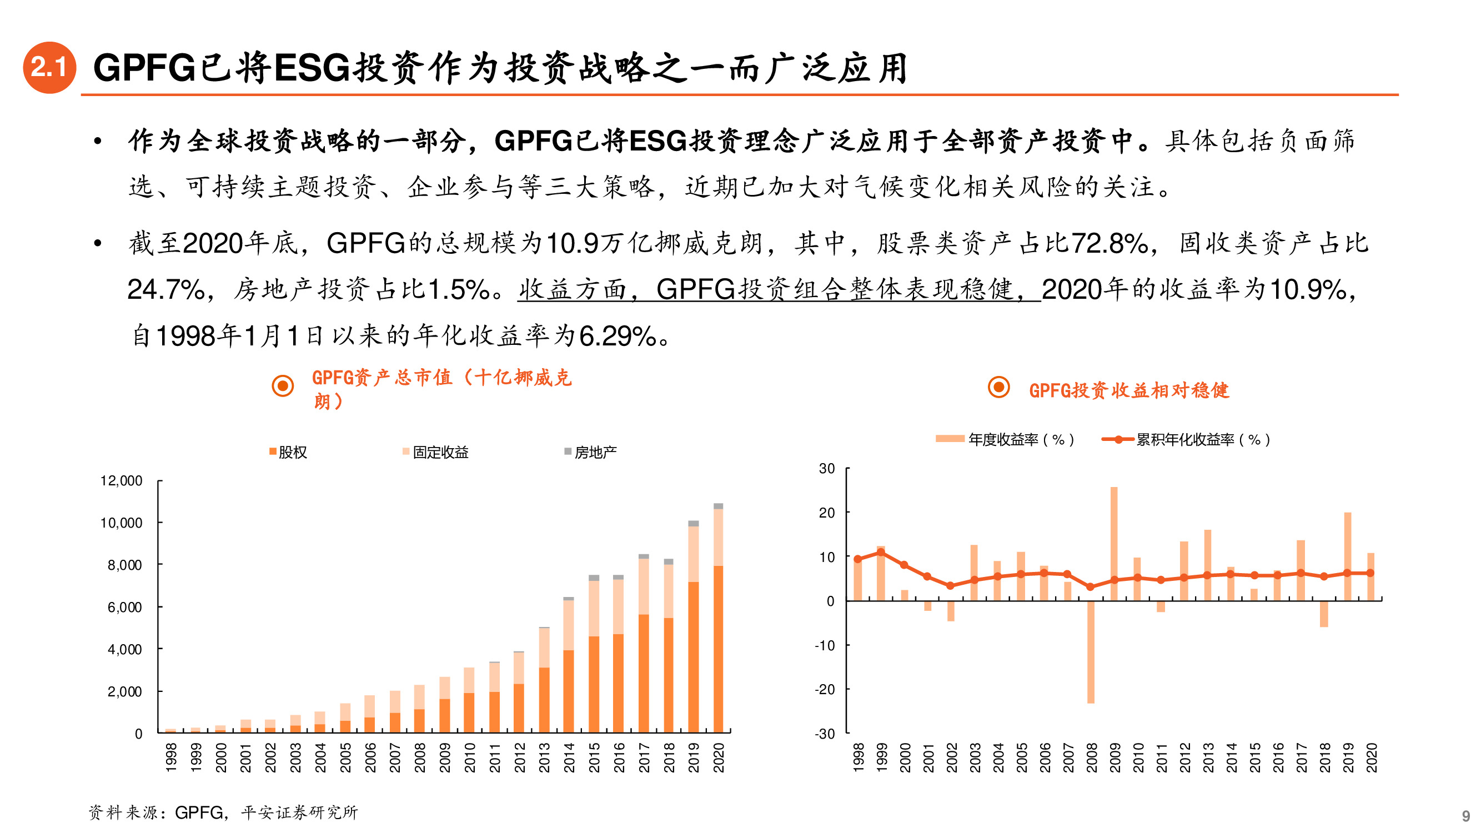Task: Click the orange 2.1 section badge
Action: pyautogui.click(x=49, y=67)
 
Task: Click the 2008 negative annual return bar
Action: pyautogui.click(x=1091, y=653)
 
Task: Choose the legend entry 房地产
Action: pyautogui.click(x=590, y=453)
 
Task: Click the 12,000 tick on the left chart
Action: pyautogui.click(x=121, y=480)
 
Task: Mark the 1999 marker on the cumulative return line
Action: pyautogui.click(x=881, y=552)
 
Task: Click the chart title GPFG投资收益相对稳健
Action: pyautogui.click(x=1128, y=390)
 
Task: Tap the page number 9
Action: pyautogui.click(x=1465, y=816)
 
